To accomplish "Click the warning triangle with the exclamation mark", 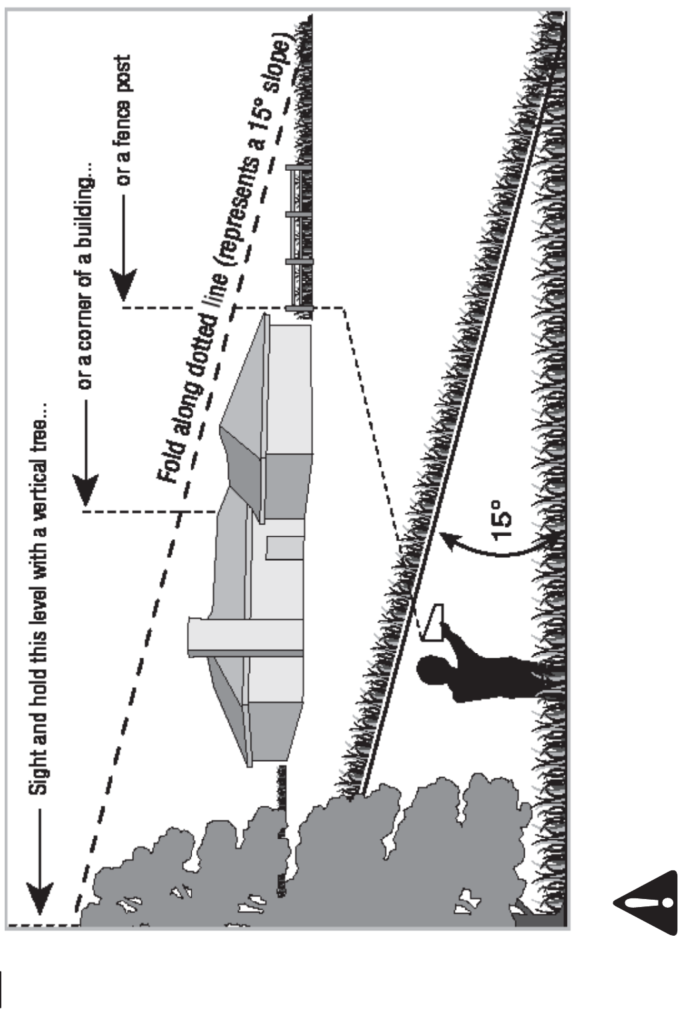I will (645, 903).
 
